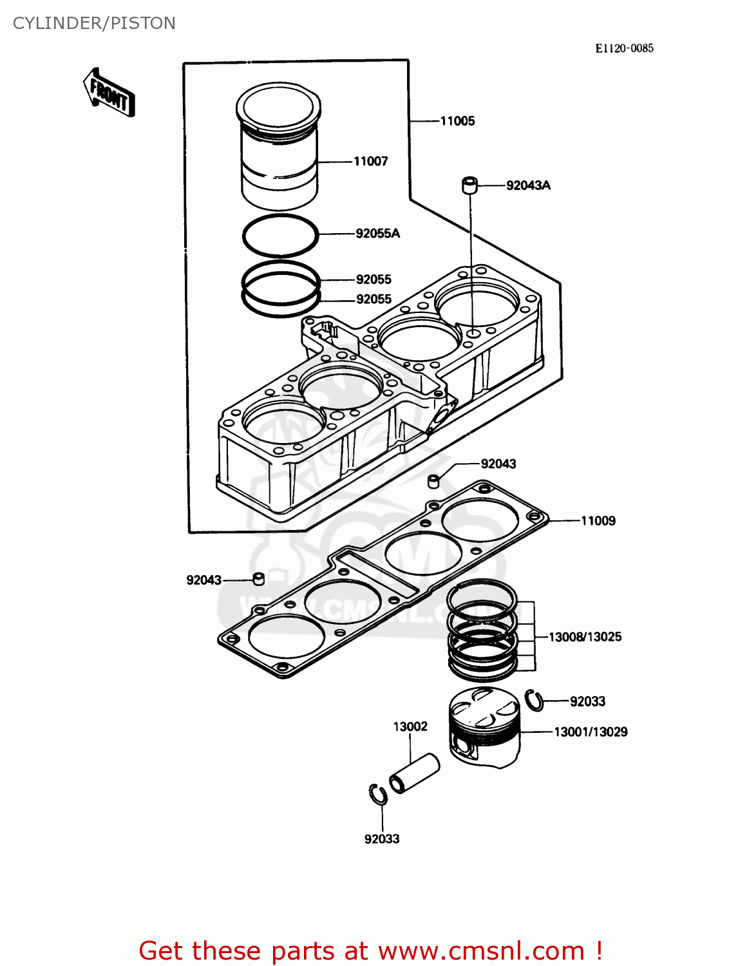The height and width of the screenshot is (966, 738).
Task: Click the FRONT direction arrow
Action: click(x=109, y=93)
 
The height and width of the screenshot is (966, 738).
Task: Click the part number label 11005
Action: click(x=457, y=121)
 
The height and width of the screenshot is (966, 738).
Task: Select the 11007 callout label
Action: click(x=371, y=161)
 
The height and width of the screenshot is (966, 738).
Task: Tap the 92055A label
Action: click(x=377, y=233)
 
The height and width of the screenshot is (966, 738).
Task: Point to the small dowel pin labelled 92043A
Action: click(x=470, y=185)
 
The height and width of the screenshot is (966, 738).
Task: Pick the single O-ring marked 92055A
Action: click(x=280, y=235)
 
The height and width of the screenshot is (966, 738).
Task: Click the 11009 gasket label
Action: click(x=598, y=521)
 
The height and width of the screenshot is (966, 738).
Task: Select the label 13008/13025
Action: click(x=585, y=637)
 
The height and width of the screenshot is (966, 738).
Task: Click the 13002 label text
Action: click(x=410, y=726)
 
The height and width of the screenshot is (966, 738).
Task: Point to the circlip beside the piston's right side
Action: click(x=534, y=700)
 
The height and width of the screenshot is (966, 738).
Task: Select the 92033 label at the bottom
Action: click(x=382, y=839)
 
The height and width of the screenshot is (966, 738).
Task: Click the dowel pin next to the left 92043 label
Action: click(x=259, y=578)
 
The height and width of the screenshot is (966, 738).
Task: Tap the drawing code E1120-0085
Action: click(x=623, y=48)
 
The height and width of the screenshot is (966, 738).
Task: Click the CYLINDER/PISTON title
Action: click(x=94, y=23)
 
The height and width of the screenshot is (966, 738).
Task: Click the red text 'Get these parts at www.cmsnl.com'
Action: click(x=370, y=951)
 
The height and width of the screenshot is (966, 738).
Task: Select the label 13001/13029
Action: click(x=591, y=732)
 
